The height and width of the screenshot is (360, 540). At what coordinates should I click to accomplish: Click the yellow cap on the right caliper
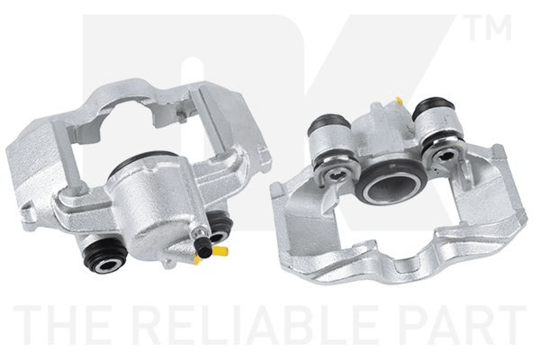[x=400, y=100]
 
